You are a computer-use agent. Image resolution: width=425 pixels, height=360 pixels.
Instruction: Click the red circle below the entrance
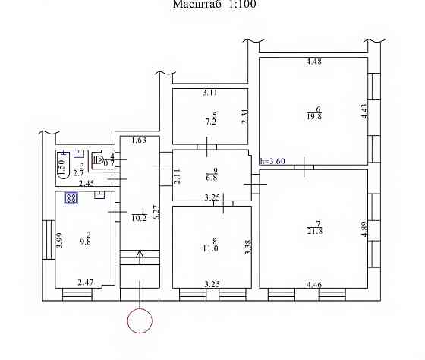(140, 308)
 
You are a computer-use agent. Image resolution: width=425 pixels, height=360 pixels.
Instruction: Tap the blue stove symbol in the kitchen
(71, 198)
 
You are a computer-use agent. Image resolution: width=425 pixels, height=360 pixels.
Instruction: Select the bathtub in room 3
(63, 166)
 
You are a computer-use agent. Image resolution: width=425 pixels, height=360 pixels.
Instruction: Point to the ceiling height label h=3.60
(272, 161)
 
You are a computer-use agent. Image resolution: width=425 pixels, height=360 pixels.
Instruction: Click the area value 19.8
(314, 117)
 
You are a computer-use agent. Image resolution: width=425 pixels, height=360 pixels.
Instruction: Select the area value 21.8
(315, 232)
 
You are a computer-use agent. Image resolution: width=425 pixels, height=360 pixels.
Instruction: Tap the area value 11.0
(211, 248)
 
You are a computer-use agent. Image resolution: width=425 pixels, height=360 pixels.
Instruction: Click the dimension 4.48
(314, 62)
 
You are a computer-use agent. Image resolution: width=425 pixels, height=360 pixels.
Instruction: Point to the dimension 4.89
(364, 229)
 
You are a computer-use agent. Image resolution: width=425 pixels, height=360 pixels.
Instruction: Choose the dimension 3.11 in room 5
(210, 93)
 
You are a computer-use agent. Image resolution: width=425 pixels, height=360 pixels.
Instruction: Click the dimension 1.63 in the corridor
(139, 141)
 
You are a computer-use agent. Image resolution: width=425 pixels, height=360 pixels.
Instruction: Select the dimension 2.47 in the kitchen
(85, 283)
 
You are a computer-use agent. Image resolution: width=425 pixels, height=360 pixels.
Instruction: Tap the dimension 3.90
(60, 240)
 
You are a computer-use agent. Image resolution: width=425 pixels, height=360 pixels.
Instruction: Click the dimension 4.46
(314, 285)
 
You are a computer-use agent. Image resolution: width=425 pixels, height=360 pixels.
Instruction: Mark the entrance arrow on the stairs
(140, 257)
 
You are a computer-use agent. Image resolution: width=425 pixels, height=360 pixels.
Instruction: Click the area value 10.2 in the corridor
(139, 218)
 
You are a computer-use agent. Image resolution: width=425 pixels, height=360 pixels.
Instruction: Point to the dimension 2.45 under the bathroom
(87, 184)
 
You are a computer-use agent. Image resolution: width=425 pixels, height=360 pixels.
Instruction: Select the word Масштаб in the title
(197, 4)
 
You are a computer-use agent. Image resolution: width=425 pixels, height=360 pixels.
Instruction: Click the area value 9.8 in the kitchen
(85, 242)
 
